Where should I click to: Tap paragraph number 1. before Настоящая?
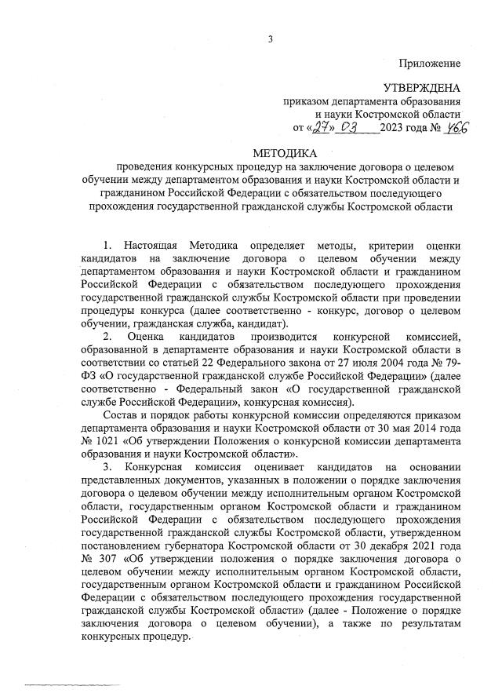pos(107,246)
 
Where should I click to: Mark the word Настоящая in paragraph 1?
pos(151,246)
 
